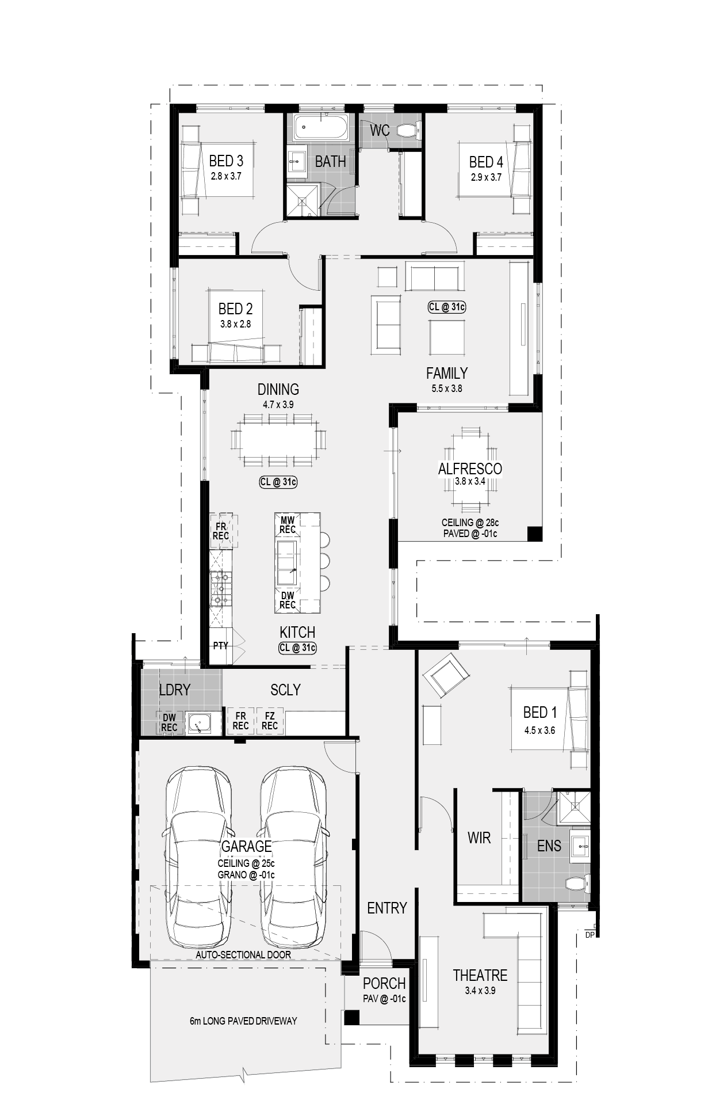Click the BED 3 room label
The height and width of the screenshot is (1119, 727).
(226, 161)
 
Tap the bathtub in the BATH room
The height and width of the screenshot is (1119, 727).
(321, 127)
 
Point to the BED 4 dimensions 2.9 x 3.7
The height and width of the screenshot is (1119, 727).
(486, 177)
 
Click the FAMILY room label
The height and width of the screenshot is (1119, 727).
(447, 373)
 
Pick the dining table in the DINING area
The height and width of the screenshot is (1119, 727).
(278, 440)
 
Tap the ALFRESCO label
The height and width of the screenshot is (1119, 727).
(470, 469)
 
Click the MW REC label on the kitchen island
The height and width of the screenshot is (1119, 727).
(288, 525)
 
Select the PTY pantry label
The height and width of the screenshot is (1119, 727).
(220, 646)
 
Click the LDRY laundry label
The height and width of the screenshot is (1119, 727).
(174, 690)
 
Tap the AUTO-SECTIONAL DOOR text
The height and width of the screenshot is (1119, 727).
(243, 954)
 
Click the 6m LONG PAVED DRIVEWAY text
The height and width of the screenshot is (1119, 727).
(243, 1021)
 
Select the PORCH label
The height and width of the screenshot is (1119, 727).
(384, 983)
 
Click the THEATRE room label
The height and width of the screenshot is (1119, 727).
(480, 975)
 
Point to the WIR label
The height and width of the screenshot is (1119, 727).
(479, 838)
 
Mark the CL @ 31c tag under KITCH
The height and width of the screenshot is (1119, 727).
(297, 648)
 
